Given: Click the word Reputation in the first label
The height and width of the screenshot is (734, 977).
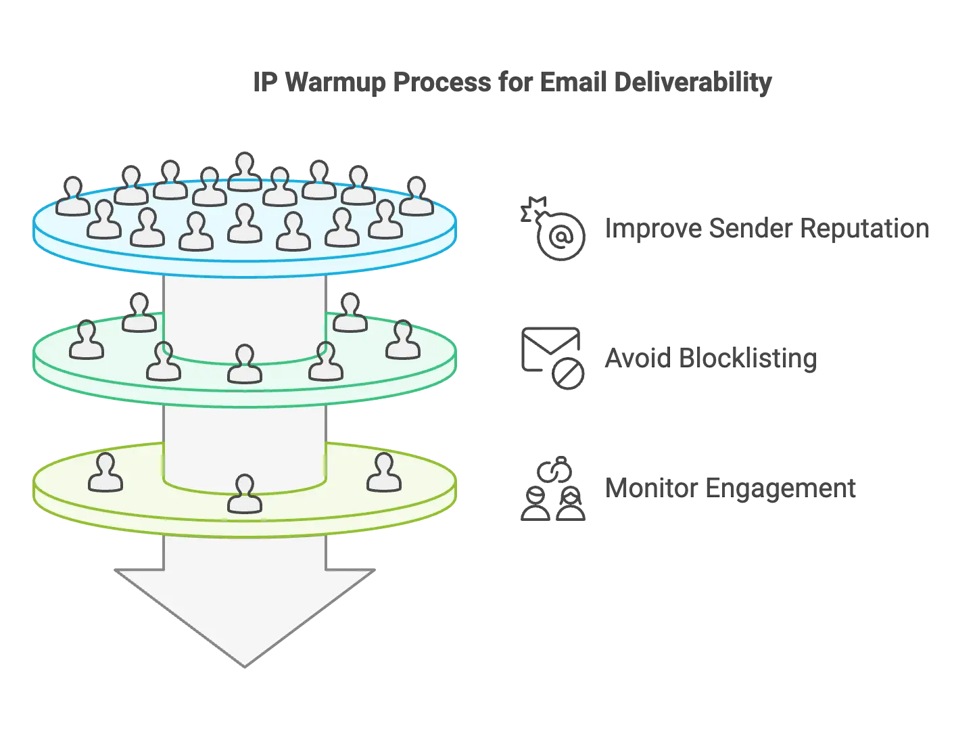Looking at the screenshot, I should point(865,229).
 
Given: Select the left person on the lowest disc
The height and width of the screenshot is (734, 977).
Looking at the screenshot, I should point(105,473).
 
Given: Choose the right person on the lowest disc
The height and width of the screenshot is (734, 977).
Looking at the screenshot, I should point(384,473).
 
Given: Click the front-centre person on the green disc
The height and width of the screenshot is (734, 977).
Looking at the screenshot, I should point(244,365).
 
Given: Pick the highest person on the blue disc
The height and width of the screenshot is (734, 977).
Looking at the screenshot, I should point(244,173).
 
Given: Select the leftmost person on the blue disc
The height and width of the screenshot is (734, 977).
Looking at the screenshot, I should point(72,197).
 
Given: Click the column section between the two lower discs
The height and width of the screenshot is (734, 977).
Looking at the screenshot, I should point(245,433).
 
